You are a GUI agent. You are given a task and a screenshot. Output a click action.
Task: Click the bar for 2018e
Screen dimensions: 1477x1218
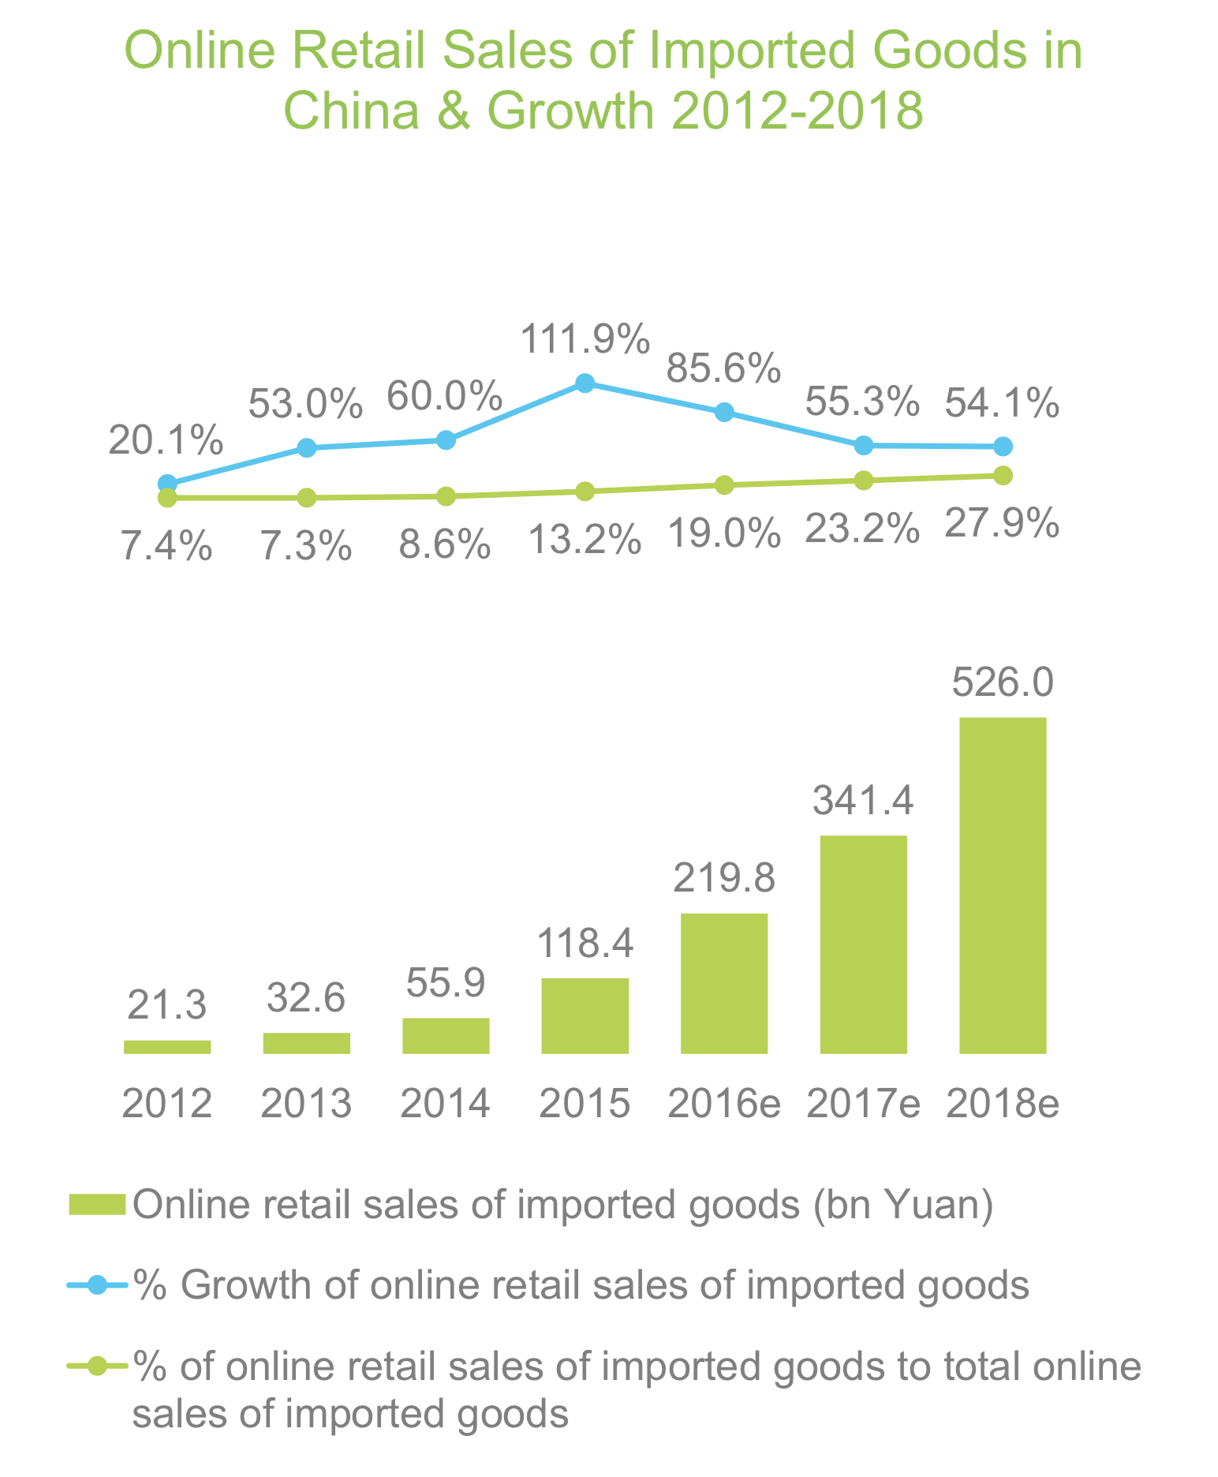1003,884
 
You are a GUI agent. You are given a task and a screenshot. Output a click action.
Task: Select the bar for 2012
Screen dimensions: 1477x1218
167,1046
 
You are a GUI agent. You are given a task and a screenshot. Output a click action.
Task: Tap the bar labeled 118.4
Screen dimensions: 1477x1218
585,1015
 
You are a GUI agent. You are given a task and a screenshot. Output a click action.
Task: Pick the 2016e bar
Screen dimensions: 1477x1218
724,983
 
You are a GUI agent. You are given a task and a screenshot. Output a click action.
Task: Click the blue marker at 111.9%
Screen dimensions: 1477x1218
585,383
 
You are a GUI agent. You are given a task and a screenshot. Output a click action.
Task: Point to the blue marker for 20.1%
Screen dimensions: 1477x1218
167,484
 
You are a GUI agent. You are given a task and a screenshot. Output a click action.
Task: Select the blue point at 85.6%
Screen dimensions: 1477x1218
724,413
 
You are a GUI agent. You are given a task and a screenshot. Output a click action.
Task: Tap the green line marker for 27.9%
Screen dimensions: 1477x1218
1003,475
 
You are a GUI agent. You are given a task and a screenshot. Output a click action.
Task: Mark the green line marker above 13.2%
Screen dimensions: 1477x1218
585,491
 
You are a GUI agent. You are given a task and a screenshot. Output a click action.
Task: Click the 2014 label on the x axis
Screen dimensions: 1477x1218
446,1104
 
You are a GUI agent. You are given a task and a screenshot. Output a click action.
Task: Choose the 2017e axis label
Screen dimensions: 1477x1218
864,1104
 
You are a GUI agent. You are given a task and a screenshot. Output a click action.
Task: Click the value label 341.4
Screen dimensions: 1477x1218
864,802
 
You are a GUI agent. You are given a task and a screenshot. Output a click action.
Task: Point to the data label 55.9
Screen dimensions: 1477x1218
446,983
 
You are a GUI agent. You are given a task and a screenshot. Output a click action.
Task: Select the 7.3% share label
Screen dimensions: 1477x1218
306,546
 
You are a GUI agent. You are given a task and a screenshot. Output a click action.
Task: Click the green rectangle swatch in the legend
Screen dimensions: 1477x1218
97,1205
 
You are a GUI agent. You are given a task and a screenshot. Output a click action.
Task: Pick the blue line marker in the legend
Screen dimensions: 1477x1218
97,1285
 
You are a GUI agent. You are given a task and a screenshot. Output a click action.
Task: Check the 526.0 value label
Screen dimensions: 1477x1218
1003,683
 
